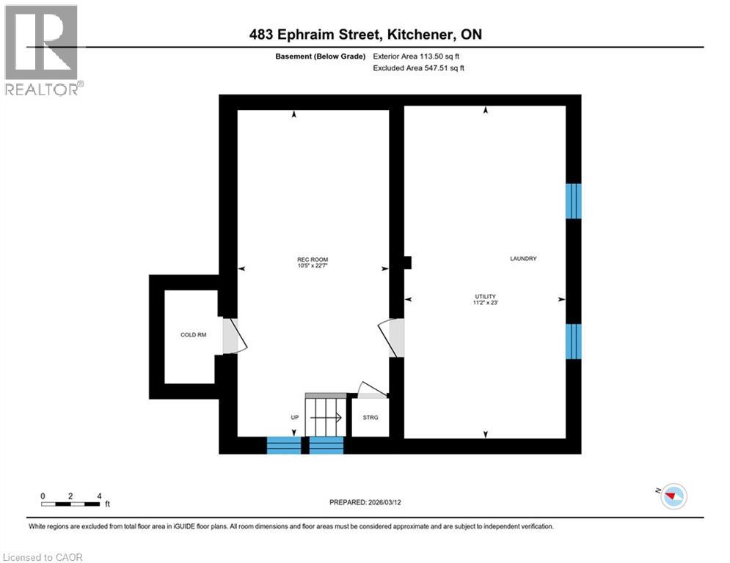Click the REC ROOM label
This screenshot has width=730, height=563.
point(313,260)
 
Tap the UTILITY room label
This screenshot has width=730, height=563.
point(485,296)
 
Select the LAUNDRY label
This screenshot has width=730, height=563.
point(523,258)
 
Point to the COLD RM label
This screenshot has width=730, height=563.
point(193,334)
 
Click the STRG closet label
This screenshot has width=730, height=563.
point(371,417)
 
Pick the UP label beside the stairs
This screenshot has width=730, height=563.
point(295,417)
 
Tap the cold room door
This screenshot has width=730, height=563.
point(234,336)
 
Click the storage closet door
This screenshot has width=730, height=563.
point(373,391)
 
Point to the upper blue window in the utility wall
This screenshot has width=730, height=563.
point(573,201)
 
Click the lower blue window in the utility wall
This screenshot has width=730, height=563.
point(573,342)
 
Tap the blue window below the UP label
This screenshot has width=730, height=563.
point(283,445)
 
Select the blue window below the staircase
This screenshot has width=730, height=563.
point(326,445)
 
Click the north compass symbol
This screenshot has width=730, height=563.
point(673,496)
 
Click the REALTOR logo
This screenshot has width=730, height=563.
point(43,50)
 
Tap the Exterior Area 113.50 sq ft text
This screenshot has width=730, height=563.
point(416,56)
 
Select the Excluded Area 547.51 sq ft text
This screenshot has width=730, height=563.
point(418,68)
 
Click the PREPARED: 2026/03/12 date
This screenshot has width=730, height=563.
point(365,502)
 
